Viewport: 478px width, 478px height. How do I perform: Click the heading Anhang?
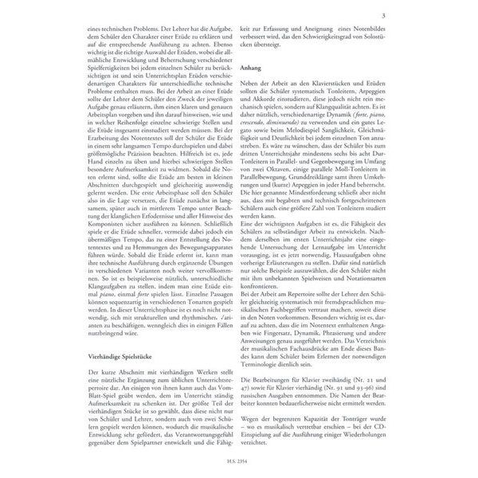click(x=252, y=69)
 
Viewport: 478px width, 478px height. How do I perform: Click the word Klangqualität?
click(x=345, y=101)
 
